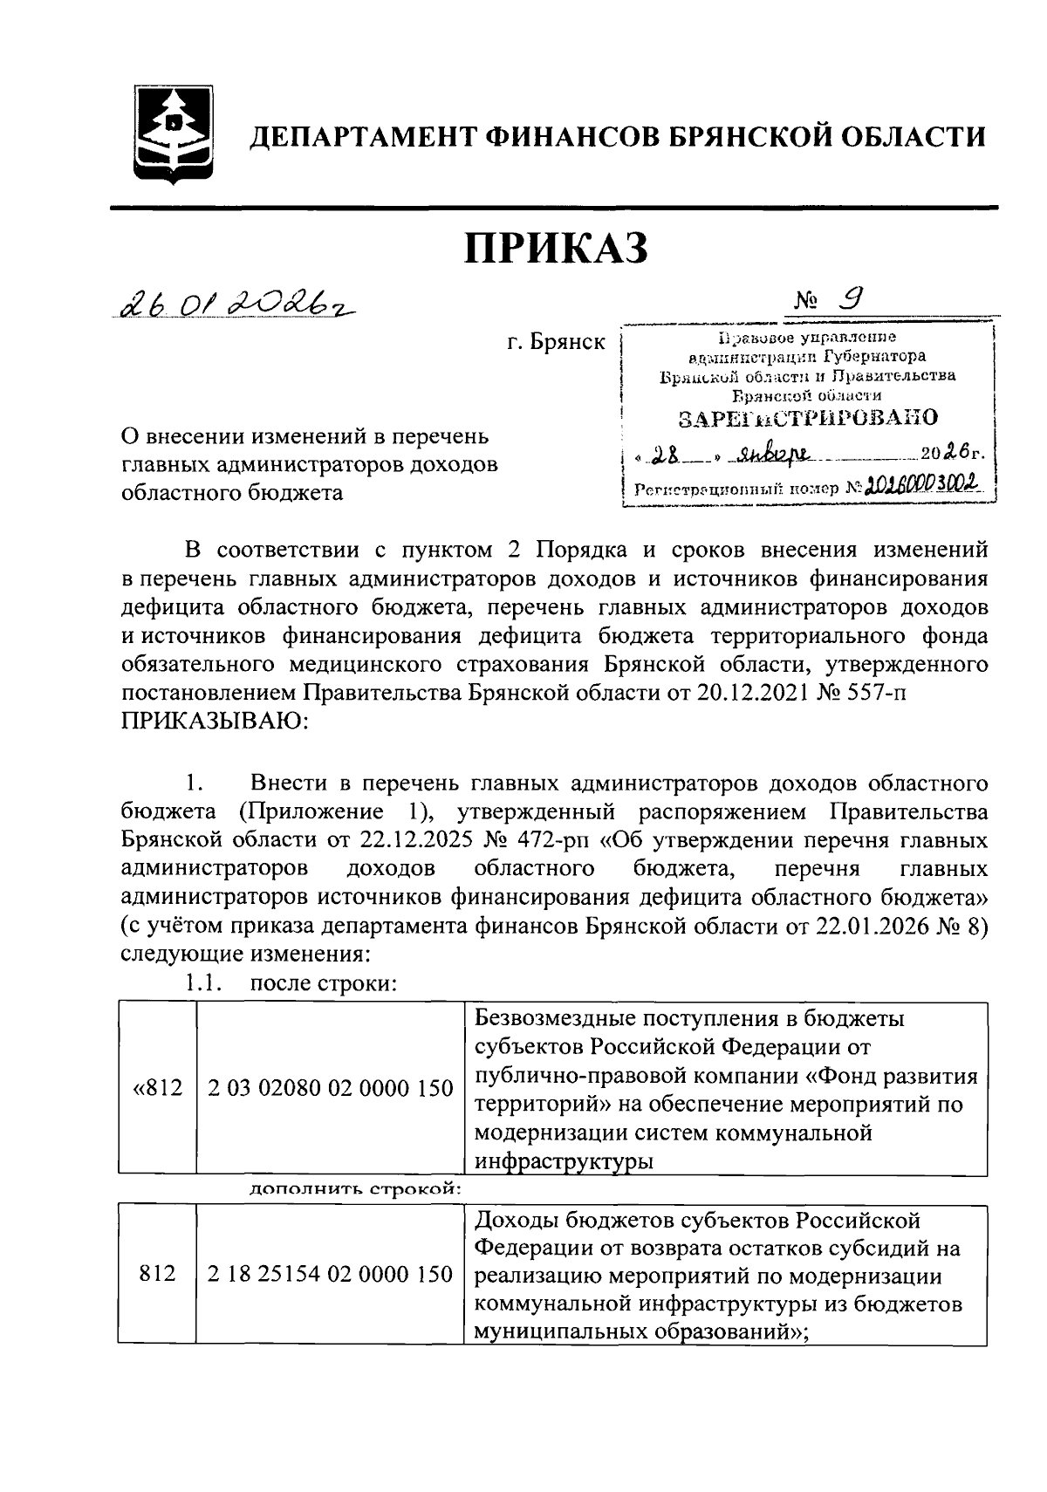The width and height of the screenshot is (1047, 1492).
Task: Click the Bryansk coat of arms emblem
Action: tap(175, 135)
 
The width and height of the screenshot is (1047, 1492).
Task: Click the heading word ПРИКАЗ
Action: tap(556, 250)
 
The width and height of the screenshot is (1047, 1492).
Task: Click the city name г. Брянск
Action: tap(556, 343)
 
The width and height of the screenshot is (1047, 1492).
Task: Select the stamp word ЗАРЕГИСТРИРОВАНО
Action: tap(808, 418)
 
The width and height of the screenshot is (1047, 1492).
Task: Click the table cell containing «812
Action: tap(158, 1088)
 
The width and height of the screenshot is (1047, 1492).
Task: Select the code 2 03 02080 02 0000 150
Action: tap(330, 1088)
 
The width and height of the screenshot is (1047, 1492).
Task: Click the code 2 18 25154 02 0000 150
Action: tap(330, 1274)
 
